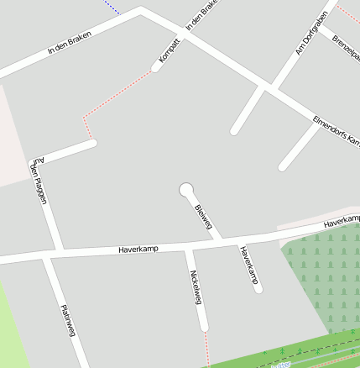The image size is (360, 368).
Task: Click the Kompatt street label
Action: pos(170,51)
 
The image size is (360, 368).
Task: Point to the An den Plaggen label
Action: pos(39,180)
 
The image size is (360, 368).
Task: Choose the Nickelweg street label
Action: pos(196,287)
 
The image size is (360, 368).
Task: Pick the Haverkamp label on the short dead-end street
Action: pos(248,265)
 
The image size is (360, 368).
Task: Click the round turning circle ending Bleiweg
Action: pos(186,189)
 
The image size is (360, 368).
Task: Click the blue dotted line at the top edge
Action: pos(111,4)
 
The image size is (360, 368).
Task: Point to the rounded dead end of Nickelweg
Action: pos(203,327)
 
